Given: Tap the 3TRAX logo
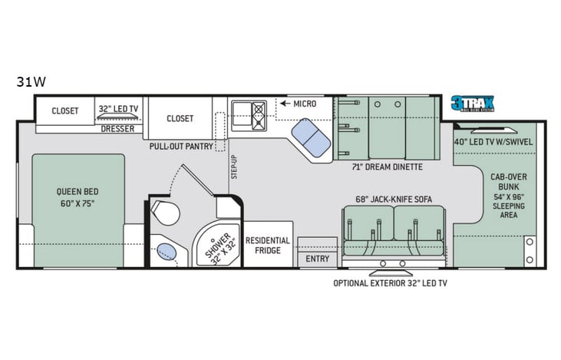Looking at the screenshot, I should pyautogui.click(x=472, y=104).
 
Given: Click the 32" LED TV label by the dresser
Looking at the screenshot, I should pyautogui.click(x=117, y=111).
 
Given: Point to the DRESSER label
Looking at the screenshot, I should pyautogui.click(x=117, y=129).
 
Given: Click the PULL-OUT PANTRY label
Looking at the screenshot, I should pyautogui.click(x=182, y=144).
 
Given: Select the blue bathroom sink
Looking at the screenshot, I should pyautogui.click(x=166, y=250).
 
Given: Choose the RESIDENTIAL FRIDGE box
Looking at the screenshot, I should pyautogui.click(x=268, y=246).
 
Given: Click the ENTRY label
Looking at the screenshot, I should pyautogui.click(x=317, y=259).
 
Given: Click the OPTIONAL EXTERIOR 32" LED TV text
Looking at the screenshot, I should pyautogui.click(x=390, y=283).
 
